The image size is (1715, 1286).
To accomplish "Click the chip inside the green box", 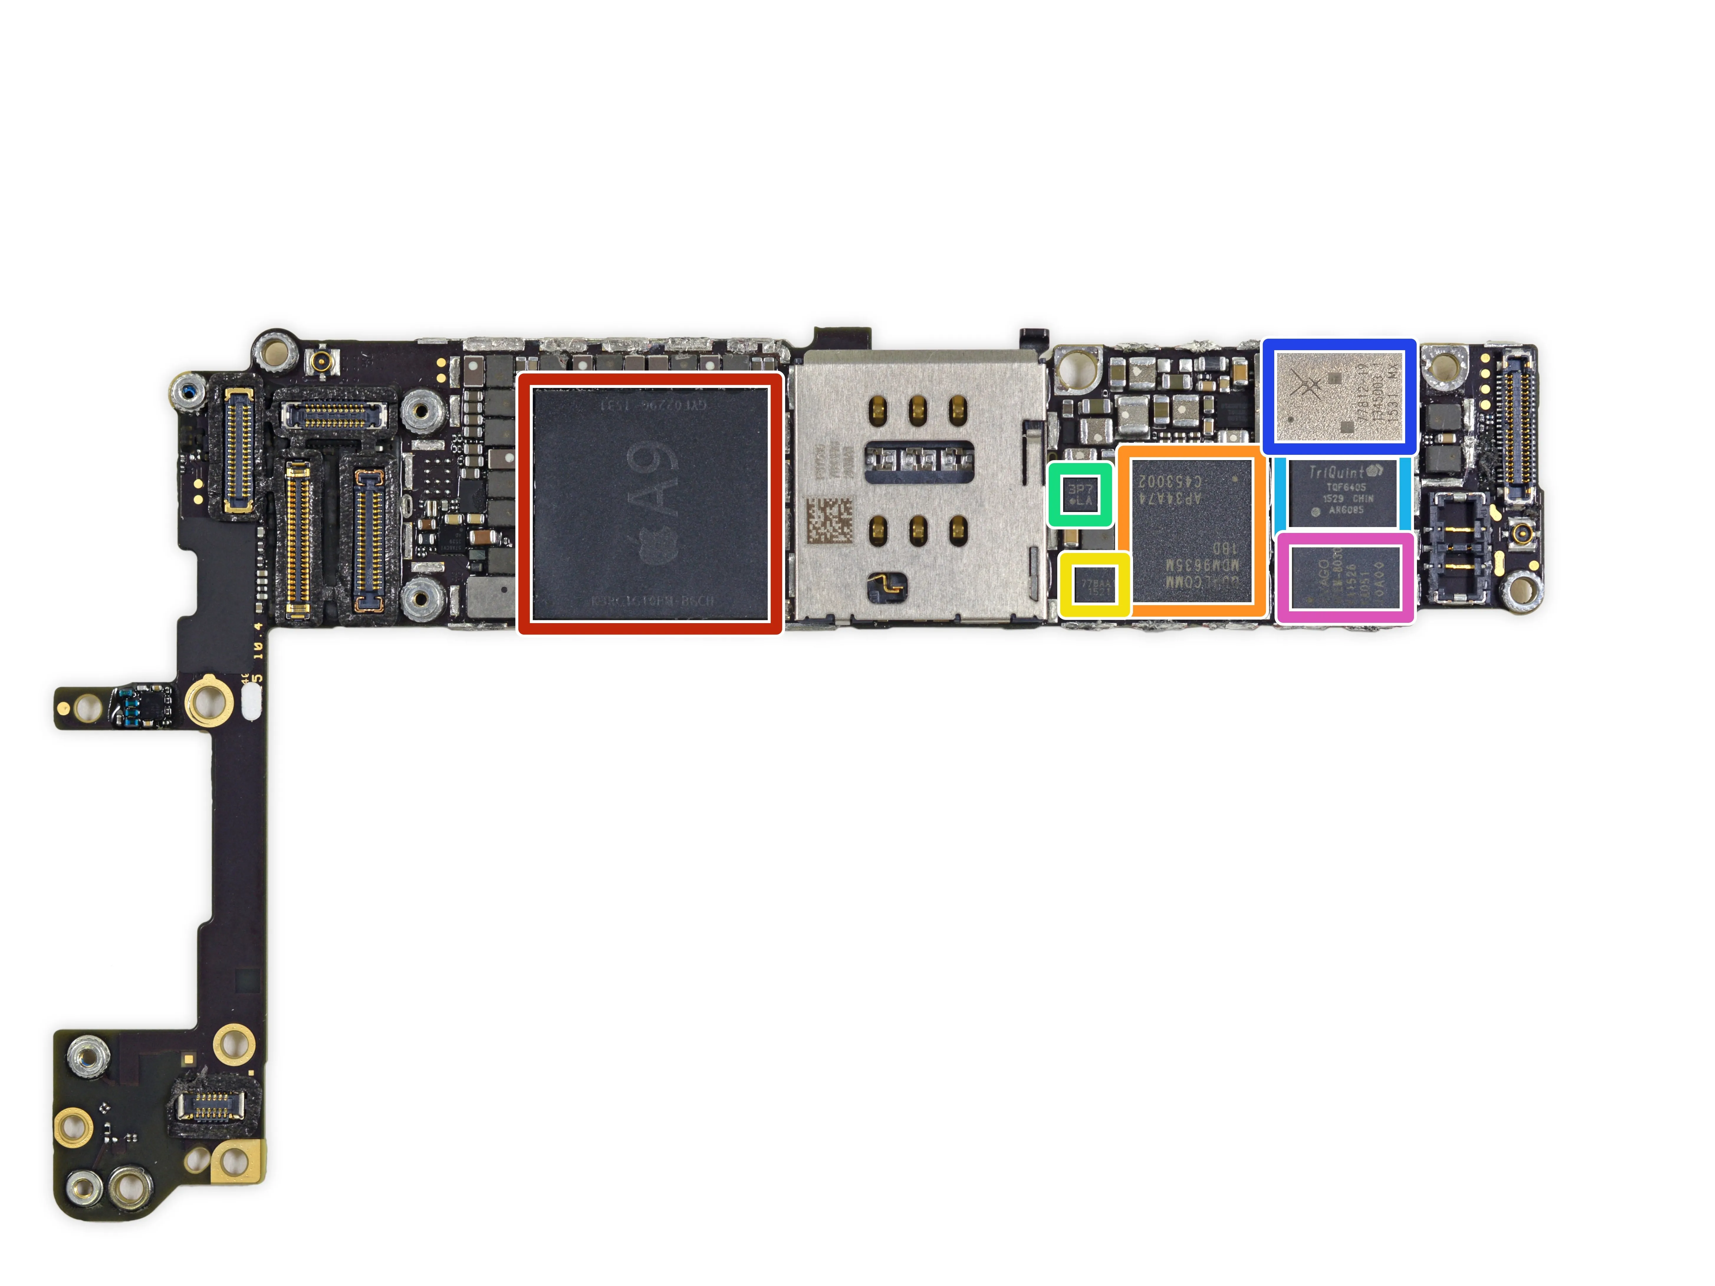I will coord(1080,495).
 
